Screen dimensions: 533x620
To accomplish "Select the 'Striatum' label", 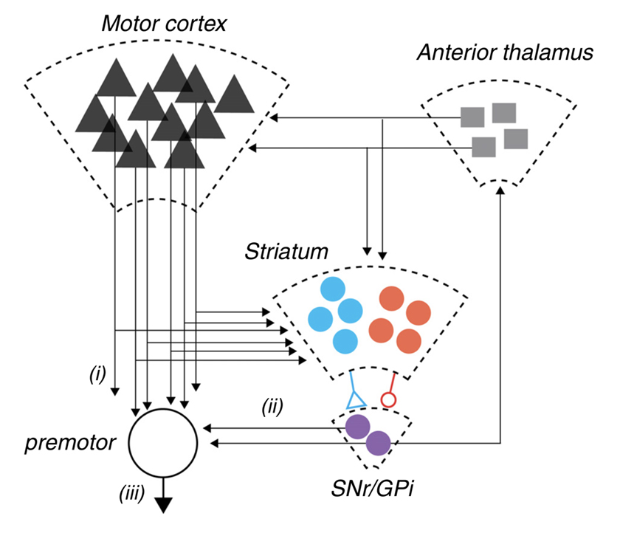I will (286, 251).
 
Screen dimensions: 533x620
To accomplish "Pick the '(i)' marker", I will (97, 375).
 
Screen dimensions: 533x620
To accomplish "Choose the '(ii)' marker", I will (272, 405).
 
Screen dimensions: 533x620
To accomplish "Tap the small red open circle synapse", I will (387, 400).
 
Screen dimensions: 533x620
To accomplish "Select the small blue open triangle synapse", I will (356, 399).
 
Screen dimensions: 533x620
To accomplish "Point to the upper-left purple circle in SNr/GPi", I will (358, 427).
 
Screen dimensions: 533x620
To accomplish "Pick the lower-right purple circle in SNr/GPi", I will (378, 443).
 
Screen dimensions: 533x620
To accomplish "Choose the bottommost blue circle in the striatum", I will (345, 340).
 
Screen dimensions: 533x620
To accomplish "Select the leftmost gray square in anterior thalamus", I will (472, 117).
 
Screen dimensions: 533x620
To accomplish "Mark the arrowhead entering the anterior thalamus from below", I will (502, 190).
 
